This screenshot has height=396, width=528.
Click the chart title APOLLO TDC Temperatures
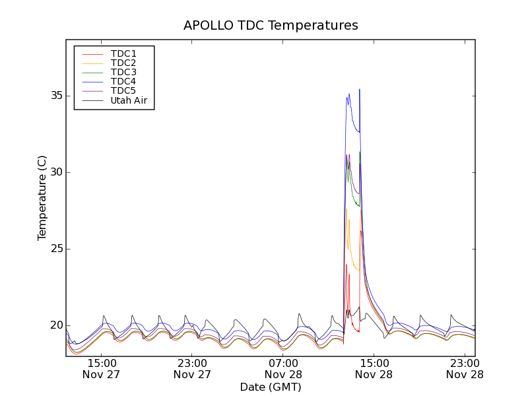pyautogui.click(x=271, y=26)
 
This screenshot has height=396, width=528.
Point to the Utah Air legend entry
pyautogui.click(x=129, y=100)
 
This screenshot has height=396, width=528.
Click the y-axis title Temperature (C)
pyautogui.click(x=42, y=198)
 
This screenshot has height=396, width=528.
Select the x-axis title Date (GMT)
pyautogui.click(x=271, y=387)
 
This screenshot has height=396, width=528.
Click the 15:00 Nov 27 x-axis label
pyautogui.click(x=101, y=368)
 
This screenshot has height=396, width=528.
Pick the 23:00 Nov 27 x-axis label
pyautogui.click(x=192, y=368)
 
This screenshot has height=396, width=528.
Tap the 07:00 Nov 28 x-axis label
pyautogui.click(x=283, y=368)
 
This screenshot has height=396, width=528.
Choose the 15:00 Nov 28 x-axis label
pyautogui.click(x=374, y=368)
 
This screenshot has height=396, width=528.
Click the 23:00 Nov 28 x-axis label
pyautogui.click(x=465, y=368)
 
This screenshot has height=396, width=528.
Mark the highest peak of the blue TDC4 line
pyautogui.click(x=360, y=89)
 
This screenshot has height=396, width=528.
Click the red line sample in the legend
pyautogui.click(x=92, y=53)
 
